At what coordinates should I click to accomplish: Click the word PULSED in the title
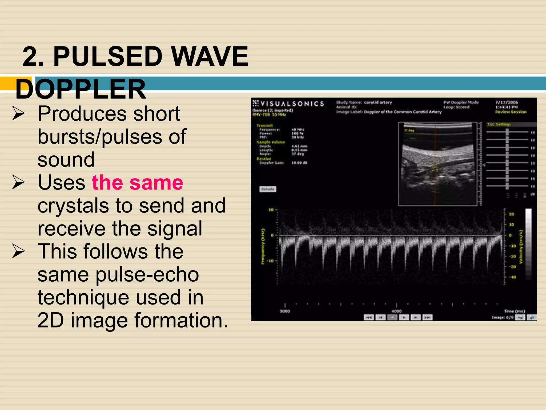(x=108, y=57)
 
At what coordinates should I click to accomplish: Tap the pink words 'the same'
(x=137, y=183)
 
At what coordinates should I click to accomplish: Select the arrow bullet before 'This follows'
(x=18, y=251)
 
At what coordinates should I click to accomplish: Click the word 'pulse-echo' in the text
(x=147, y=275)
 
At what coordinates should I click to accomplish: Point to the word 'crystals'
(x=73, y=206)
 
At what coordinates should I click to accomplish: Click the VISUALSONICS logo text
(x=292, y=104)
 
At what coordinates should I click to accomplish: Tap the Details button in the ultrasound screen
(x=268, y=189)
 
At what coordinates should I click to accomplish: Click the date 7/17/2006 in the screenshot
(x=506, y=102)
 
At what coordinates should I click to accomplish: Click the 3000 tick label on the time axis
(x=285, y=311)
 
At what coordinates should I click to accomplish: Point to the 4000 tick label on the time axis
(x=396, y=311)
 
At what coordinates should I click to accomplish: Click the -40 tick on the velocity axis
(x=512, y=277)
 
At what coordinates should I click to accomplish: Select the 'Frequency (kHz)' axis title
(x=263, y=246)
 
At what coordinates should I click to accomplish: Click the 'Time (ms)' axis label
(x=514, y=311)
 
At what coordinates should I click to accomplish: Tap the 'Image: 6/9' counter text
(x=502, y=317)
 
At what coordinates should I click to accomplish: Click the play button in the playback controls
(x=404, y=317)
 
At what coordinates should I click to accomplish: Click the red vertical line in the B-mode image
(x=435, y=187)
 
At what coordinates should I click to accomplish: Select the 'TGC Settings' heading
(x=499, y=124)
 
